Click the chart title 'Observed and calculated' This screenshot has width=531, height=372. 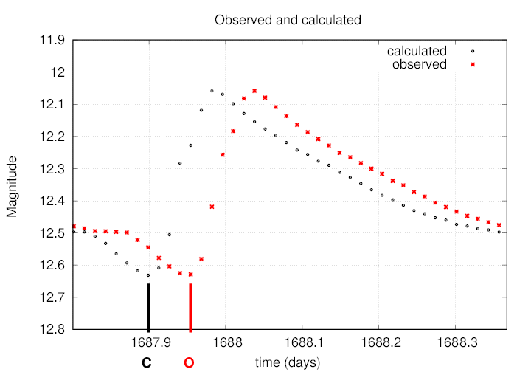288,20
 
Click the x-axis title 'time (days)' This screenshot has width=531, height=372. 288,362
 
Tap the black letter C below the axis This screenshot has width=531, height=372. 147,362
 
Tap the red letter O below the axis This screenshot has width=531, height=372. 190,362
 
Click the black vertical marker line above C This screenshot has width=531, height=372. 148,307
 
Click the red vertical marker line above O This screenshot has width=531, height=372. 190,307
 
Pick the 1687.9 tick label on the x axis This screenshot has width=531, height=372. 148,342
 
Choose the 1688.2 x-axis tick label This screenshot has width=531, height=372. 378,342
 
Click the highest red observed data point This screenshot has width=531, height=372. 254,91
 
